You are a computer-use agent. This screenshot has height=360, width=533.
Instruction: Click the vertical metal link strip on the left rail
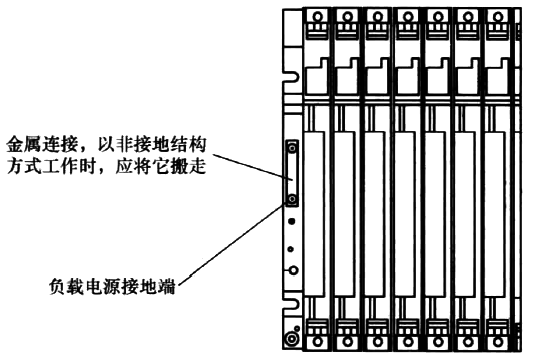[x=292, y=174]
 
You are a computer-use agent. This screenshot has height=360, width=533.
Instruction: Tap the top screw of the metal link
[x=292, y=150]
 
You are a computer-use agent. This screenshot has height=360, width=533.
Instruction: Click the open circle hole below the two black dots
[x=292, y=271]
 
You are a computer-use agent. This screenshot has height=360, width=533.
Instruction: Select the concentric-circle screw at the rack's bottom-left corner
[x=290, y=339]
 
